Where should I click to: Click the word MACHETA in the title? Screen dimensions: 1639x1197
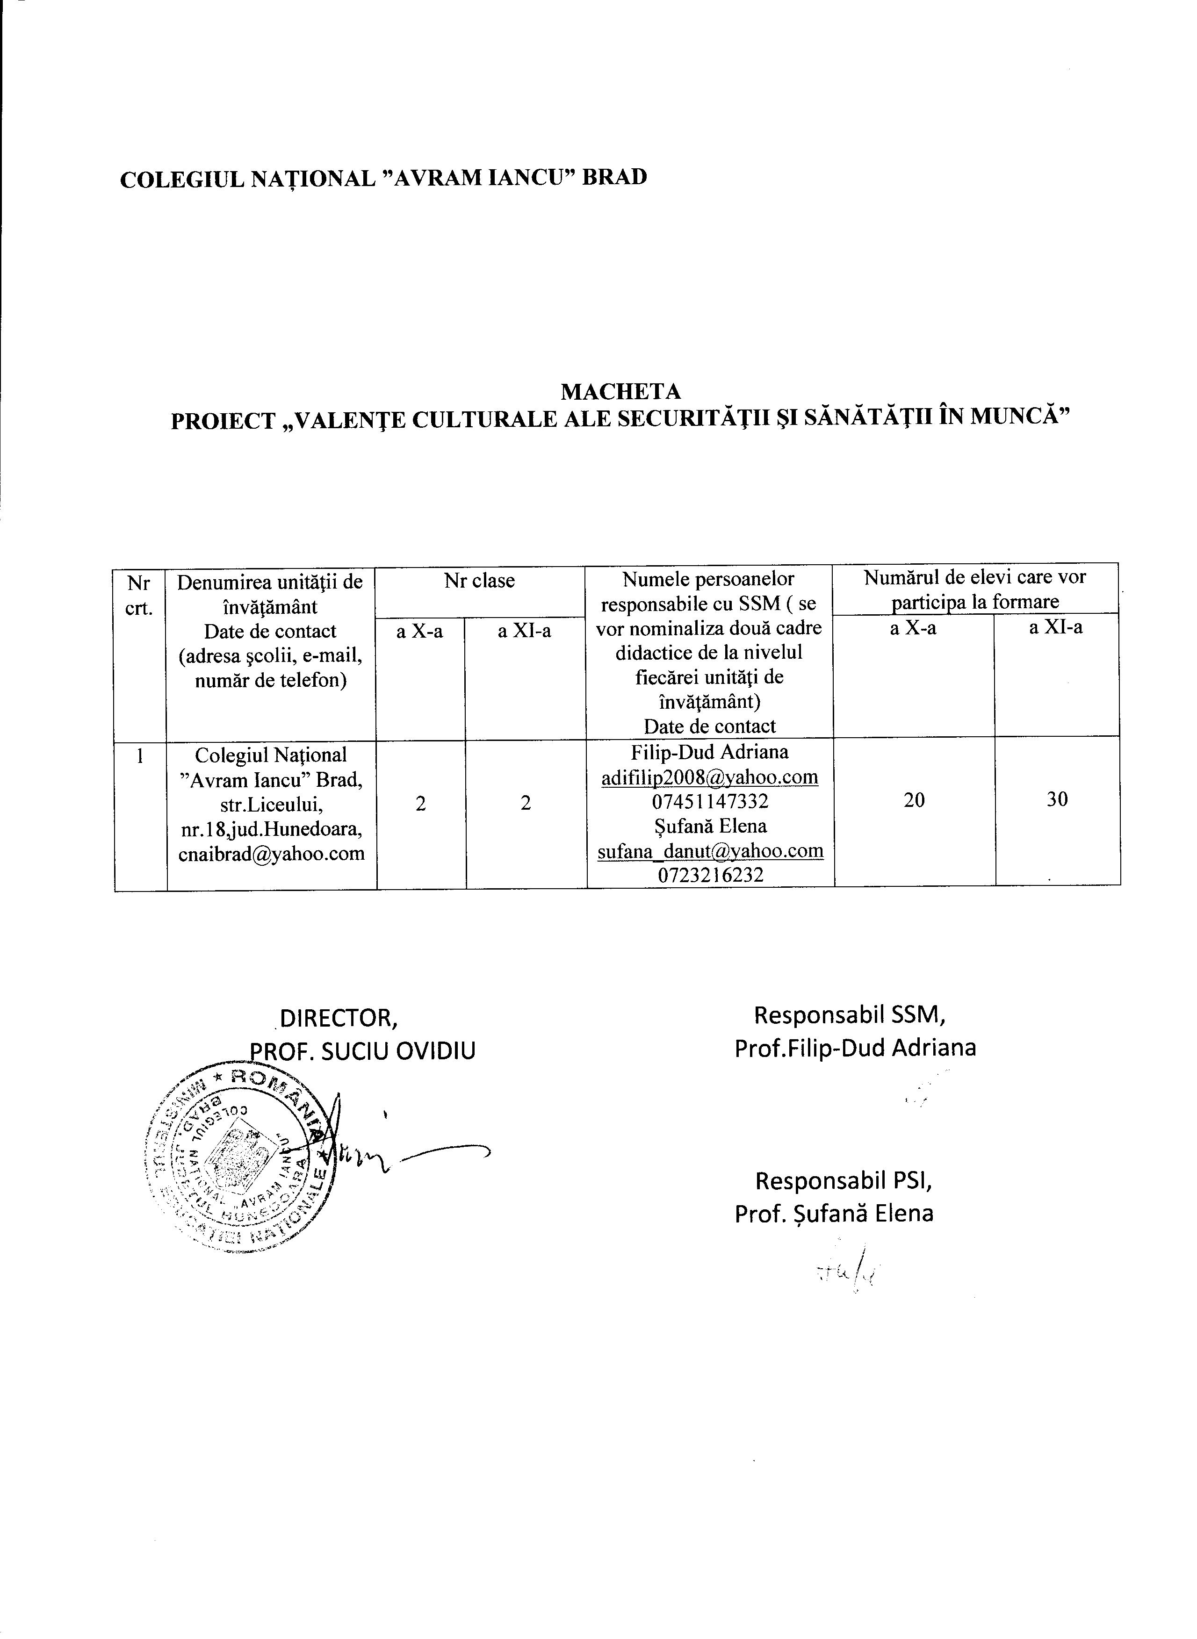pyautogui.click(x=621, y=392)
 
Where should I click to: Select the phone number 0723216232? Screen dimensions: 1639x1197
pyautogui.click(x=710, y=875)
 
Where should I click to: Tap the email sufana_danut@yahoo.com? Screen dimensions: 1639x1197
pyautogui.click(x=710, y=850)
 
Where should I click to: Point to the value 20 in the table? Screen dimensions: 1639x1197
pyautogui.click(x=915, y=799)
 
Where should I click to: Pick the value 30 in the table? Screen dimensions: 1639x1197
pyautogui.click(x=1057, y=799)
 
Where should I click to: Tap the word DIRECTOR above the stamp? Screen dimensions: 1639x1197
pyautogui.click(x=339, y=1018)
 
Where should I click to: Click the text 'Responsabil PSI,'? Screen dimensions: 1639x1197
pyautogui.click(x=844, y=1181)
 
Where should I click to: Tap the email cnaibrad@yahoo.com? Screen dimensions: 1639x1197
pyautogui.click(x=272, y=854)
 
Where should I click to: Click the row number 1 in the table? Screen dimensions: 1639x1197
pyautogui.click(x=139, y=755)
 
